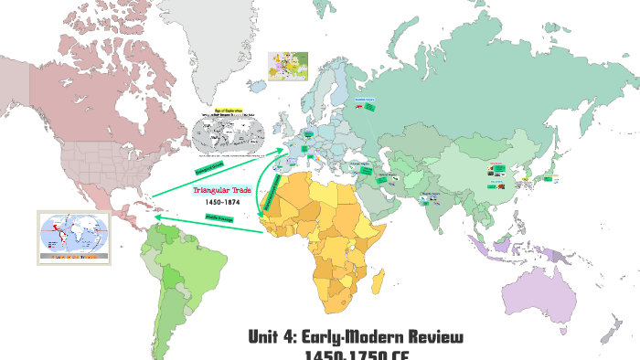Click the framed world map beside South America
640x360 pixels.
(73, 237)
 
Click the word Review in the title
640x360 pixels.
(429, 337)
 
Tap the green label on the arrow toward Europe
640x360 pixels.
(209, 168)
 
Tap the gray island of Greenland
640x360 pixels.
(197, 23)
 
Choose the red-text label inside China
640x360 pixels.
(497, 165)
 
